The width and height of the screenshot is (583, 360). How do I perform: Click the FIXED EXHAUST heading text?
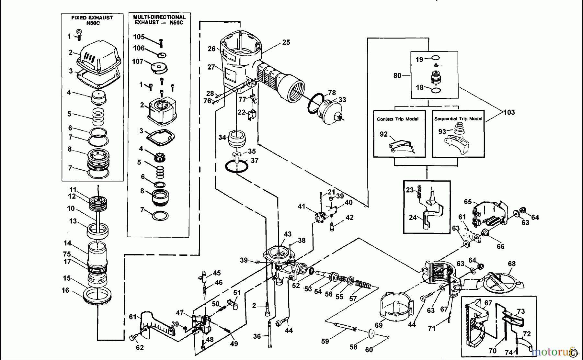pos(92,20)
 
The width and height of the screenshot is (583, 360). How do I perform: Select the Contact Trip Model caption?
pos(397,119)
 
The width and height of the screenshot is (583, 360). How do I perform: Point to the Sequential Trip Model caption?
pos(458,118)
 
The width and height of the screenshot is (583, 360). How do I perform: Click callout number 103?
pos(509,112)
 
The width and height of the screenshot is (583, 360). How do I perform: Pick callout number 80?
pos(397,75)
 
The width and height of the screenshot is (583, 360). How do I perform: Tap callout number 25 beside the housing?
pos(286,42)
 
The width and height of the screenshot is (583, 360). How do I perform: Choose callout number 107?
pos(138,61)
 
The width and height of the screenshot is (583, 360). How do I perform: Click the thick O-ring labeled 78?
pos(316,104)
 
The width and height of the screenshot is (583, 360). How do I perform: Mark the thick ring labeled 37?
pos(237,167)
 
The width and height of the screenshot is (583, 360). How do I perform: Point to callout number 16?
pos(65,290)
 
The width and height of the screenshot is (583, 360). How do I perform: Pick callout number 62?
pos(140,348)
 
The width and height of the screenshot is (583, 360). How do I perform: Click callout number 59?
pos(325,341)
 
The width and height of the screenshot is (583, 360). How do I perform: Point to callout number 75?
pos(67,254)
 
